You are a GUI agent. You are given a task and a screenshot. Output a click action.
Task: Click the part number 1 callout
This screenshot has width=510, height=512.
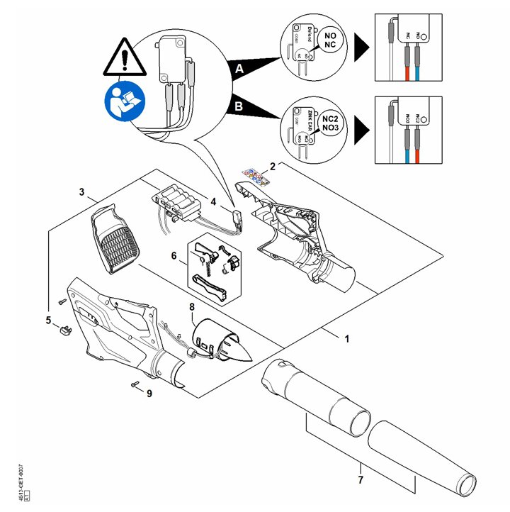pos(347,339)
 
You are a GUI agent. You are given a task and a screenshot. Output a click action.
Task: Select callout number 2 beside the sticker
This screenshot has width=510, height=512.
pos(273,167)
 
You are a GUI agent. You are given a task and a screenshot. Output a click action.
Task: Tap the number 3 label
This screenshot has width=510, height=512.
pos(82,192)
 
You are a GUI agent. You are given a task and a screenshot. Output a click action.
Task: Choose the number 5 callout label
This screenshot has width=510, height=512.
pos(48,321)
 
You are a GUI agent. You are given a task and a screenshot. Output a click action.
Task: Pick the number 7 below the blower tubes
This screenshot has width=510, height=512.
pos(360,482)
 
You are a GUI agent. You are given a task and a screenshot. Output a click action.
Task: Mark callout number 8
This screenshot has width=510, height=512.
pos(191,307)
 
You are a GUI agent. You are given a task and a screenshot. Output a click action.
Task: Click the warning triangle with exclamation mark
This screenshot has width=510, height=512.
pos(124,60)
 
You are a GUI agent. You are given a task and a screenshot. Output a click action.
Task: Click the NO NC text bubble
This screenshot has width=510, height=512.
pos(329,39)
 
